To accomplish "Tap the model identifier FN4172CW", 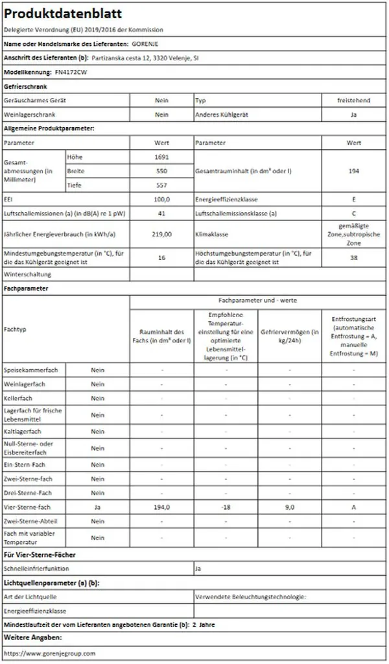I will tap(71, 72).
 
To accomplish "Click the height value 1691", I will tap(161, 157).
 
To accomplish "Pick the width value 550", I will tap(161, 171).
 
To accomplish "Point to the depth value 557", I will tap(161, 185).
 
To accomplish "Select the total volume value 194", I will tap(353, 171).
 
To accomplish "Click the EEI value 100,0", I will tap(161, 200).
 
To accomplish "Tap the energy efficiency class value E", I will tap(353, 200).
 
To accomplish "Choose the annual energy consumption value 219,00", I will tap(161, 233).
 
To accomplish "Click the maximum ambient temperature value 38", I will tap(353, 257).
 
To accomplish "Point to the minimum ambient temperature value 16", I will tap(161, 257).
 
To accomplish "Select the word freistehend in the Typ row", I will tap(353, 101).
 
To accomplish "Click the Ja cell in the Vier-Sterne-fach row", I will tap(97, 507).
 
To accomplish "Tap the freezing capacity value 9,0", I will tap(290, 507).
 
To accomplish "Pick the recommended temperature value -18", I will tap(226, 507).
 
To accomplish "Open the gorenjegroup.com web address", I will tap(49, 654).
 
